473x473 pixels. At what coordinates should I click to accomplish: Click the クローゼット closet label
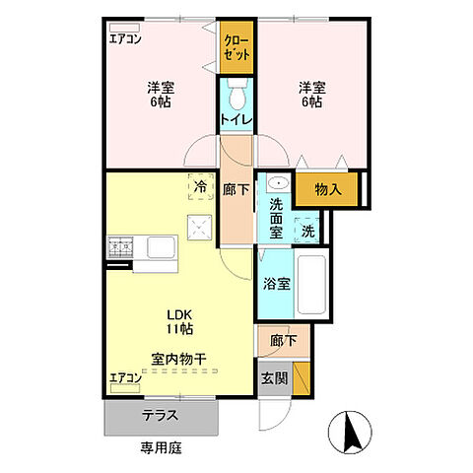pyautogui.click(x=235, y=46)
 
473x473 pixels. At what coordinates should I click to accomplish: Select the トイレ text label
pyautogui.click(x=236, y=120)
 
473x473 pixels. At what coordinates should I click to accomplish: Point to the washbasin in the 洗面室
pyautogui.click(x=275, y=183)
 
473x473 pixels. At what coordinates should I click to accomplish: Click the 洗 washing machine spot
pyautogui.click(x=307, y=231)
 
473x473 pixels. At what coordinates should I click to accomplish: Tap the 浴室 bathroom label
pyautogui.click(x=277, y=284)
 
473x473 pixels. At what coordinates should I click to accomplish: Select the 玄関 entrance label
pyautogui.click(x=273, y=378)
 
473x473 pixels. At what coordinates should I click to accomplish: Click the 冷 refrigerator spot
pyautogui.click(x=200, y=186)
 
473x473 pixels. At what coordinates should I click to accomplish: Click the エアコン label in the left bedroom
pyautogui.click(x=124, y=40)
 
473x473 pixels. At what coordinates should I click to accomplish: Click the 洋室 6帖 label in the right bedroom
pyautogui.click(x=311, y=94)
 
